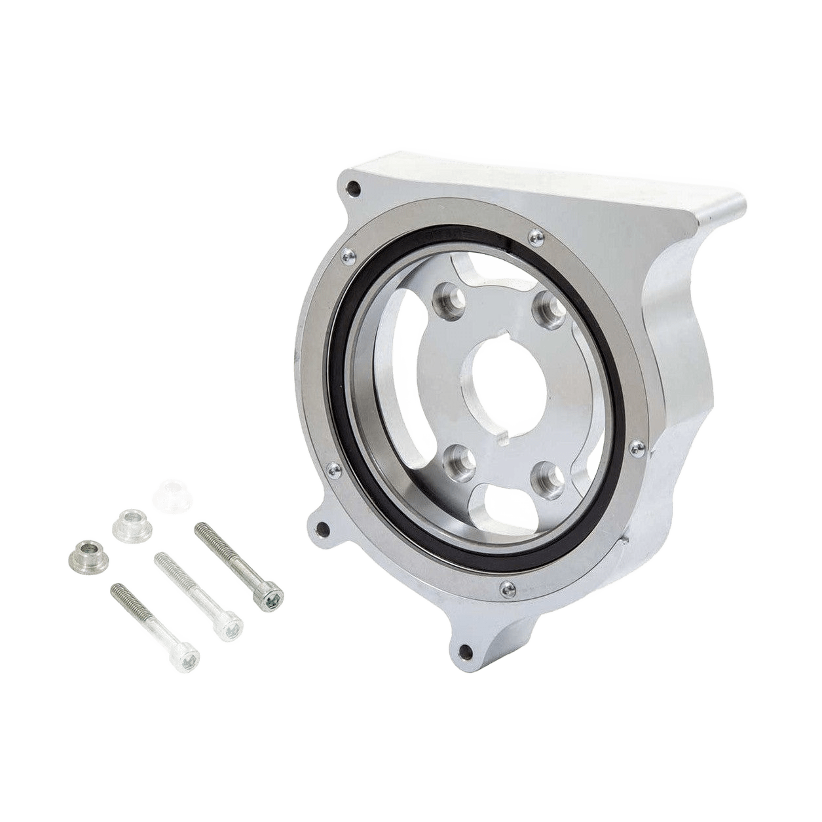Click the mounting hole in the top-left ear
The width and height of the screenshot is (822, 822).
point(354,187)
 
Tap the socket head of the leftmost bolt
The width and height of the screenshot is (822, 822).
point(187,658)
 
